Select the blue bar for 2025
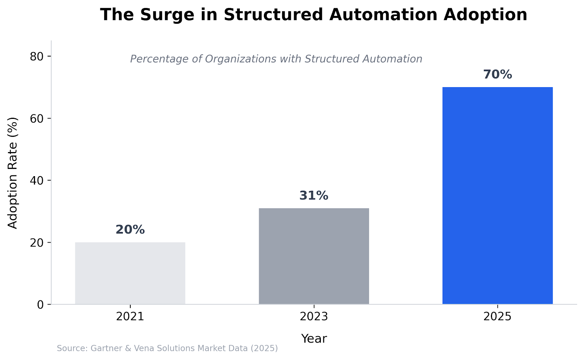(497, 196)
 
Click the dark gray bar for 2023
(314, 256)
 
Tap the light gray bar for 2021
(130, 273)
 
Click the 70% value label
(497, 75)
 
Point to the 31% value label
(314, 196)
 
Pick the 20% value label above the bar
(130, 230)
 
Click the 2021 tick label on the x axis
(130, 317)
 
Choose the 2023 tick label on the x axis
(314, 317)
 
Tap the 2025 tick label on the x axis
(497, 317)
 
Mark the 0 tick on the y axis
(40, 304)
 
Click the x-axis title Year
(314, 339)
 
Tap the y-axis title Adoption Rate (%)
(13, 173)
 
